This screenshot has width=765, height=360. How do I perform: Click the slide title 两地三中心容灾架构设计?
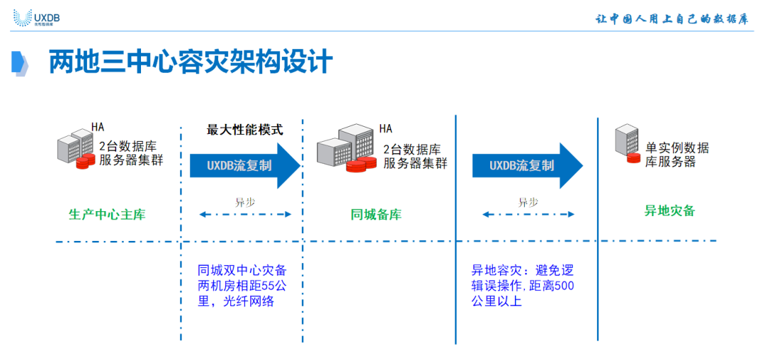point(190,62)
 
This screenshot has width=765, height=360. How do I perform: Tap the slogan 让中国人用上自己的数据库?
point(671,19)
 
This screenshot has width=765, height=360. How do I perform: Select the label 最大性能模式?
point(244,130)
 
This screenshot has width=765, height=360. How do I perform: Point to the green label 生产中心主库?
point(107,214)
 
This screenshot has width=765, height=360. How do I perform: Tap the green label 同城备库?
point(376,214)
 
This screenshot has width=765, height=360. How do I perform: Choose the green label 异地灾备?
point(669,210)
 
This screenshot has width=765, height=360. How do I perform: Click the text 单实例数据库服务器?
point(676,154)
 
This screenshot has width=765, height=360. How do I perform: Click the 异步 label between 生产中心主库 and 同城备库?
point(245,202)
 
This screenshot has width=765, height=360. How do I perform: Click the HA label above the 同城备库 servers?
point(385,128)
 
